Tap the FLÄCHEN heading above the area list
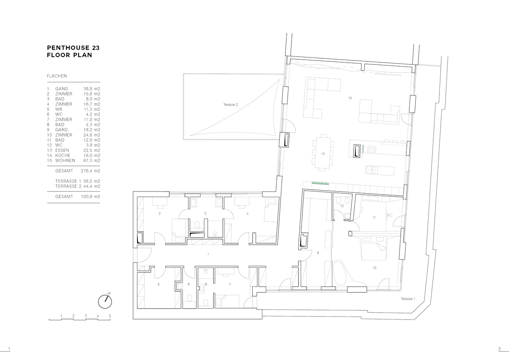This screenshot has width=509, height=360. point(57,76)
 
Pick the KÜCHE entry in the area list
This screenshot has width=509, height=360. point(63,155)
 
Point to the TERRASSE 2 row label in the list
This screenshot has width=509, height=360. point(68,186)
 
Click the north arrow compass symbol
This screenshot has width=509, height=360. point(105,301)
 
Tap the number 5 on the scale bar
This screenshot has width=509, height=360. point(110,316)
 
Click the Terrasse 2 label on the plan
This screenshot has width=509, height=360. point(231,104)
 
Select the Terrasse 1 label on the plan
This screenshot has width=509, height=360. point(408,299)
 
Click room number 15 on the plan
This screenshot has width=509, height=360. point(350,98)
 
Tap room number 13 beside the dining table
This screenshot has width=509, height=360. point(323,154)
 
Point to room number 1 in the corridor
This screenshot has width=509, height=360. point(208,254)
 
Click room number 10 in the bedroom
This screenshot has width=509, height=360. point(375,268)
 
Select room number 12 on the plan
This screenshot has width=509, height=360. point(342,205)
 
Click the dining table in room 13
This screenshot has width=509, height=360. point(323,152)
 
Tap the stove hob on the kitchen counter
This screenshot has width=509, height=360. point(372,150)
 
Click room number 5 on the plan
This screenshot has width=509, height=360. point(159,284)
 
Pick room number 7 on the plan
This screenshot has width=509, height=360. point(230,284)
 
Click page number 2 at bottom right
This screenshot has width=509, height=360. point(499,349)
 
